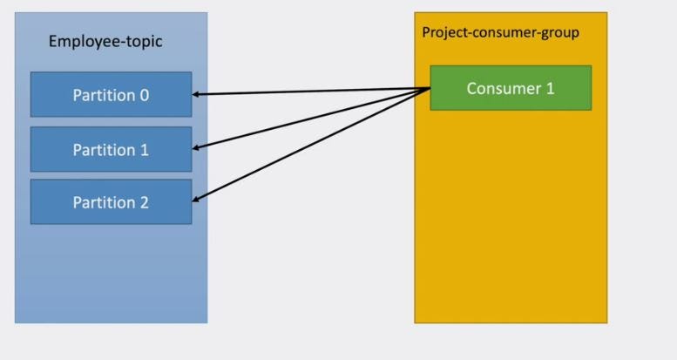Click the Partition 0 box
(111, 95)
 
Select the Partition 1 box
(111, 150)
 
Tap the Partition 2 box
(111, 202)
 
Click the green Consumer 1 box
(511, 88)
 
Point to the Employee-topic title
(105, 42)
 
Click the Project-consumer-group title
(500, 32)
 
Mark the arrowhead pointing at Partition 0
(197, 94)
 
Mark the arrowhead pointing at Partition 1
(197, 148)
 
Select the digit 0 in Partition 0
(144, 95)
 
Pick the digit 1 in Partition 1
(144, 150)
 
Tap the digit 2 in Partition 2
(144, 202)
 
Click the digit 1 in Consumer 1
(550, 88)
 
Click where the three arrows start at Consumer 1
(430, 88)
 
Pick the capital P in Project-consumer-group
(427, 32)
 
